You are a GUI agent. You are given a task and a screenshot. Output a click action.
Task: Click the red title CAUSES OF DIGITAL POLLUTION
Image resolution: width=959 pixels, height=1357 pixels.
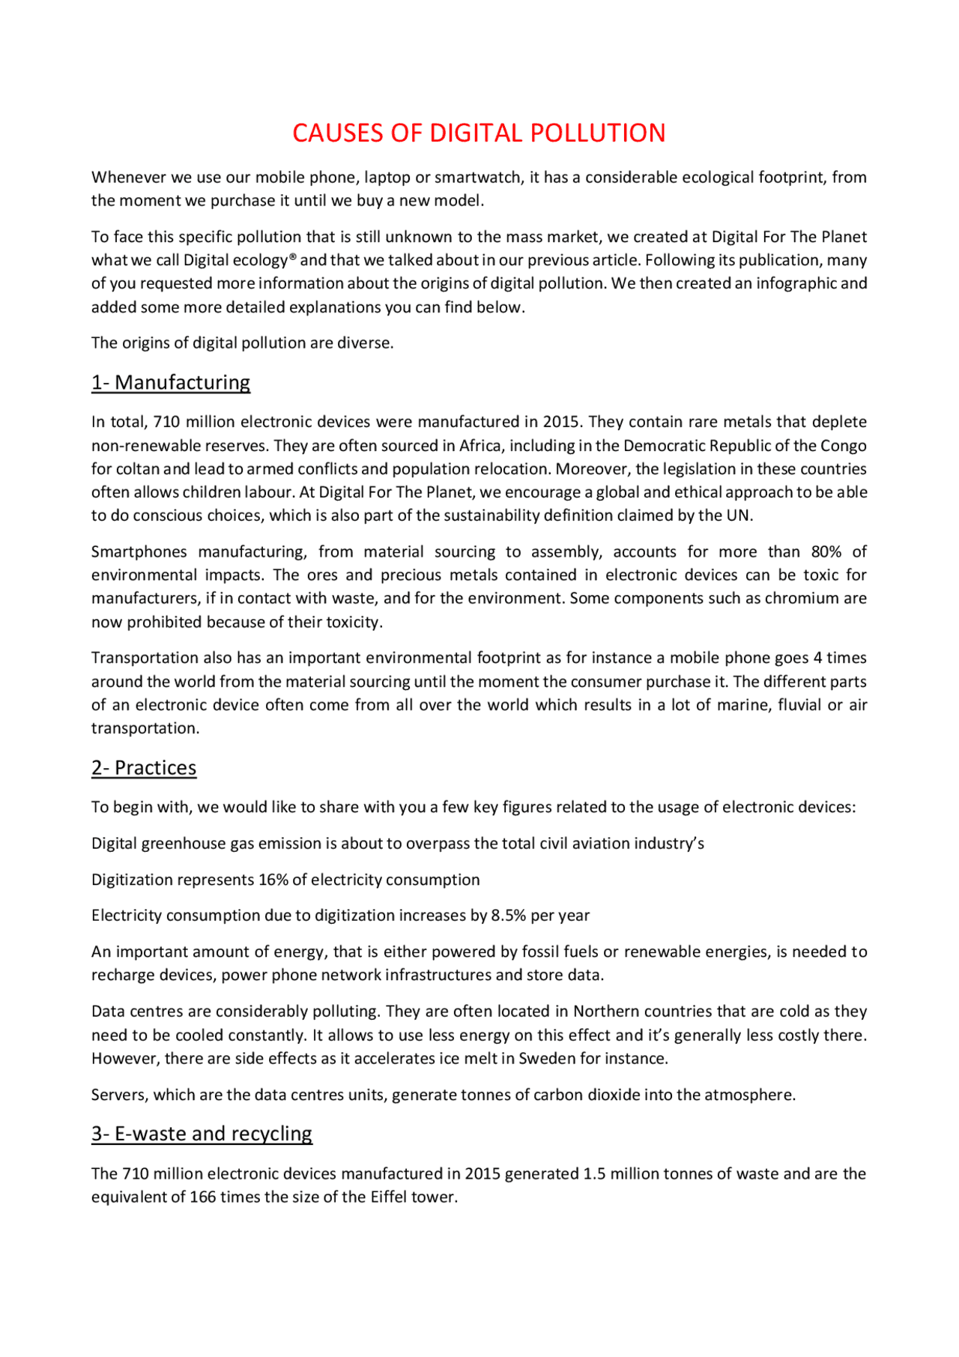(x=479, y=133)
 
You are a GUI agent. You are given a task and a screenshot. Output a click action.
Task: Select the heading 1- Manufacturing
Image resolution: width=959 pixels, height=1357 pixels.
(x=171, y=382)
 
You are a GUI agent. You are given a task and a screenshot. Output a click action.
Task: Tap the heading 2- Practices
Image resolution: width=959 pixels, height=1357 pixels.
(x=144, y=768)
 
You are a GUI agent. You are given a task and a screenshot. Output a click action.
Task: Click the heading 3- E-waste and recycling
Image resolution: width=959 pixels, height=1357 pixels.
(x=202, y=1134)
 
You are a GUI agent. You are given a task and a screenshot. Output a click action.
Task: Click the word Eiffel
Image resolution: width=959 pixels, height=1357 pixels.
(x=389, y=1197)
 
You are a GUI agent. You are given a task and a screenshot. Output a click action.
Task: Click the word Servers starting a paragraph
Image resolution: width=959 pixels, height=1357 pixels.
(x=119, y=1095)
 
